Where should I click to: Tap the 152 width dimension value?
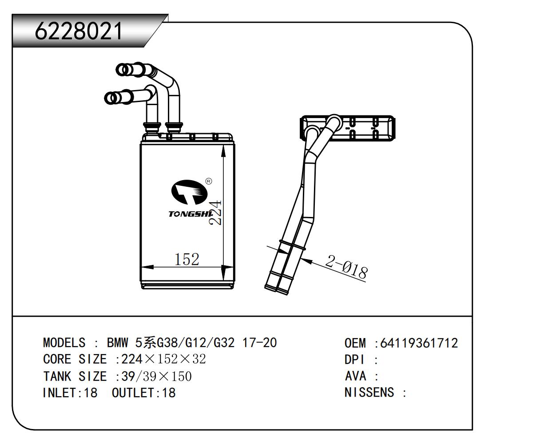187,259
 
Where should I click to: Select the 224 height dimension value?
215,212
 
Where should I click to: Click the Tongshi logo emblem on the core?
190,192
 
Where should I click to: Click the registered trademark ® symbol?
209,181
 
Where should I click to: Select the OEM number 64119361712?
419,343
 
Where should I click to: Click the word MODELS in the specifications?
64,343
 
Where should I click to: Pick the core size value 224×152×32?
163,359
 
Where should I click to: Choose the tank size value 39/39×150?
156,377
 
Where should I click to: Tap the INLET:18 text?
70,393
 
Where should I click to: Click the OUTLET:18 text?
143,393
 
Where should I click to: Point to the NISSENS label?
369,393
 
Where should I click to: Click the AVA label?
356,376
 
